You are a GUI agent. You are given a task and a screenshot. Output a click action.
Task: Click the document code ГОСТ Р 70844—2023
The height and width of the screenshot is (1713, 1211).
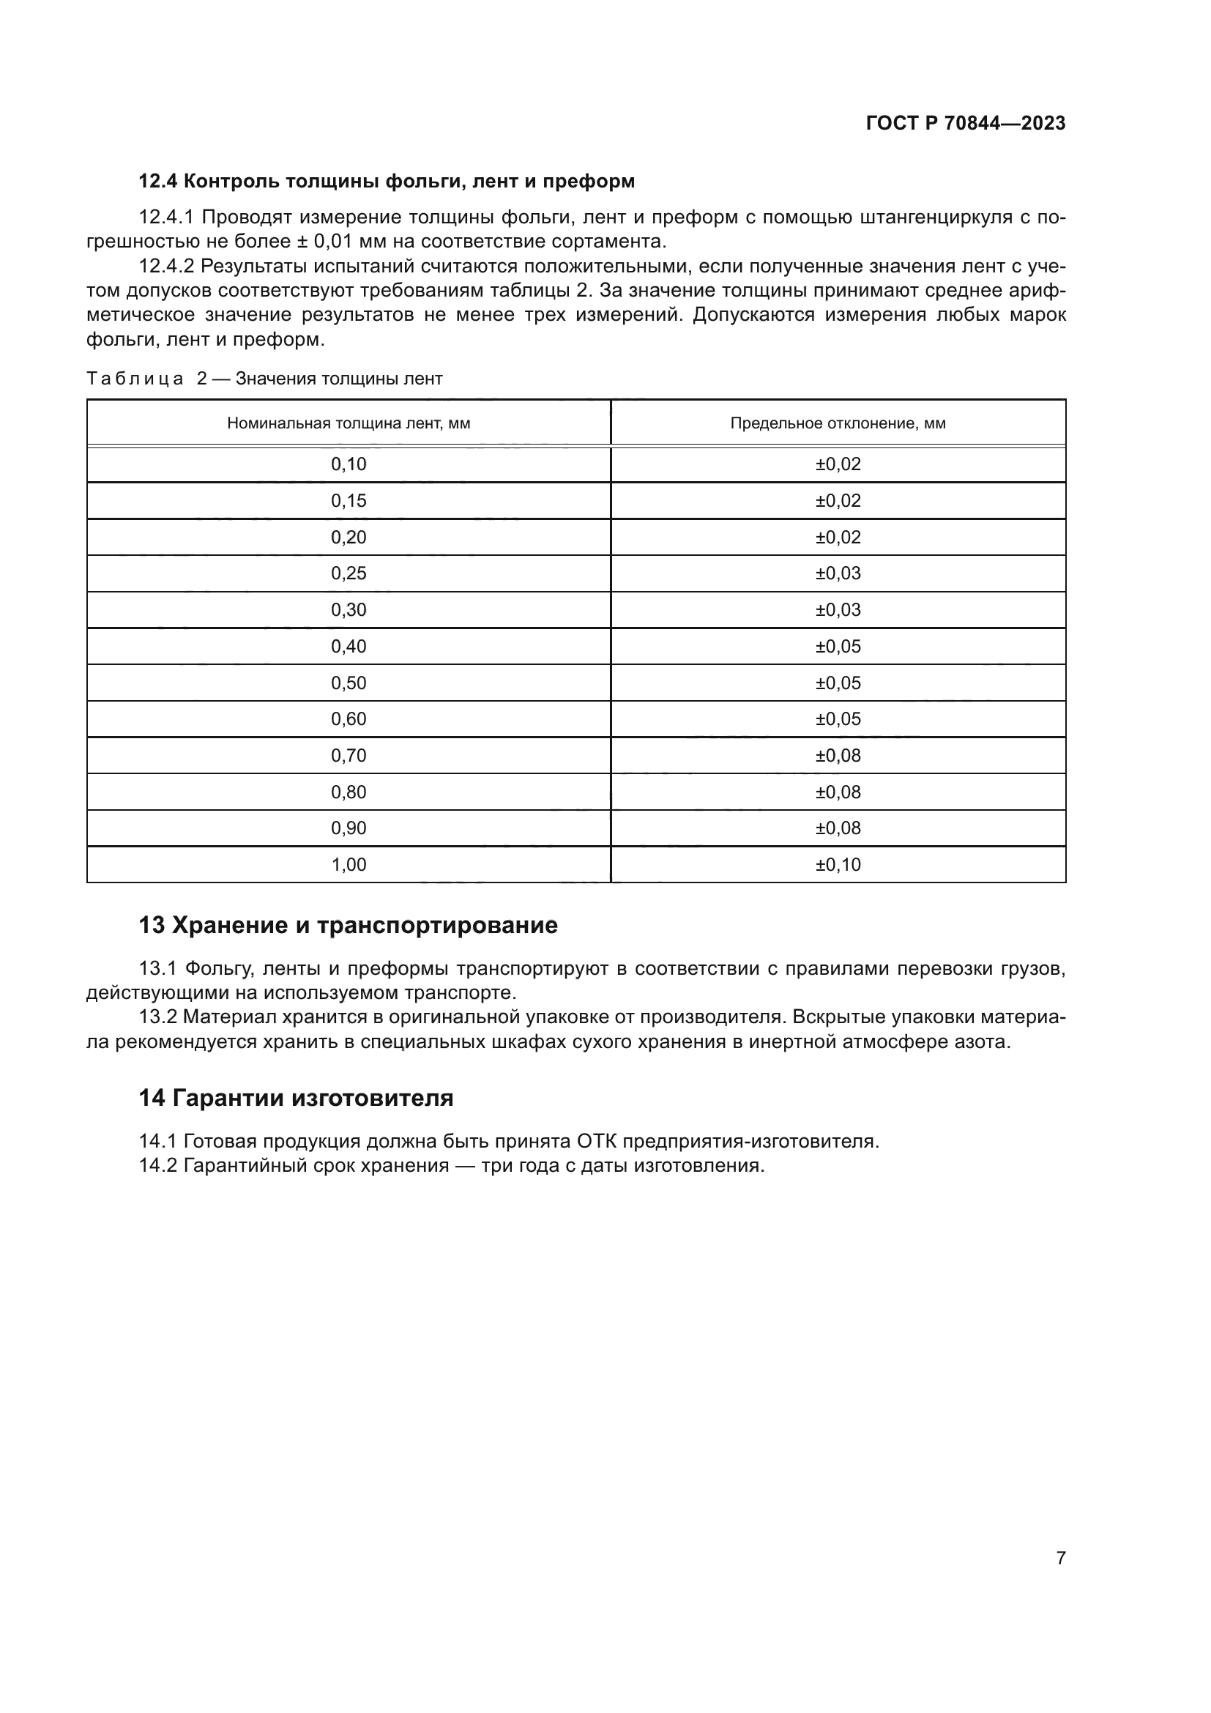point(965,123)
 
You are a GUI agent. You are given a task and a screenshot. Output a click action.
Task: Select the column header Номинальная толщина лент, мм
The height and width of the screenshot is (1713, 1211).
point(349,423)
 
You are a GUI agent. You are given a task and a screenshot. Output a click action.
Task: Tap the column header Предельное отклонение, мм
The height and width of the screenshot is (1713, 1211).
point(838,423)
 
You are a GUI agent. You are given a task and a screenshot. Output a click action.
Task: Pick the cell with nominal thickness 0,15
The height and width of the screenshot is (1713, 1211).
point(349,501)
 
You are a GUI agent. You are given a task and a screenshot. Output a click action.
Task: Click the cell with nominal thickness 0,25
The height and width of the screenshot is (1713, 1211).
point(349,573)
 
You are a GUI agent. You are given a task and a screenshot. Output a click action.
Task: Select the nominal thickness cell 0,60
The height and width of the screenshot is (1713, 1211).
point(349,718)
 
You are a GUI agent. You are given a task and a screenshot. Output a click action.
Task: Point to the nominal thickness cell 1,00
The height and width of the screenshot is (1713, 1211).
point(349,864)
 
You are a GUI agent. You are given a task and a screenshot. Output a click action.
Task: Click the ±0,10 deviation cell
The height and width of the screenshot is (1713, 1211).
point(838,864)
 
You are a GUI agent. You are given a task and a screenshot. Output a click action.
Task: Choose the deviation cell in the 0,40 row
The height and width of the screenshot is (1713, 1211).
point(838,646)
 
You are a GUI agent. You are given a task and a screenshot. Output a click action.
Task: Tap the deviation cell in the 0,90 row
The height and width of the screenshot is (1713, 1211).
point(838,828)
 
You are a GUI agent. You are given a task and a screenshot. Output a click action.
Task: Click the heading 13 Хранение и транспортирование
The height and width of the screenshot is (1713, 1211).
point(349,925)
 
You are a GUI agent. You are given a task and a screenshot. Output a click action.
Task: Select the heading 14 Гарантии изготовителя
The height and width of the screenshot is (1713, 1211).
point(296,1098)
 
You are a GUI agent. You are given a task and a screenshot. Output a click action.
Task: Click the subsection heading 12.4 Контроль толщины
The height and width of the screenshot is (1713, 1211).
point(387,182)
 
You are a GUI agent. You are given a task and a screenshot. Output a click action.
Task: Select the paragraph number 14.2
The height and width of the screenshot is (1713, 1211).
point(157,1165)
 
